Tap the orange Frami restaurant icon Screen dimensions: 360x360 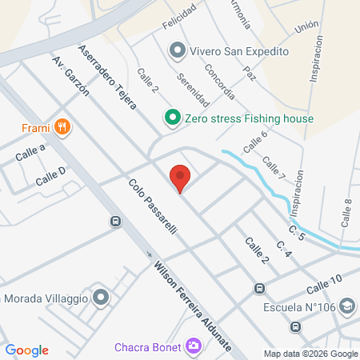62,126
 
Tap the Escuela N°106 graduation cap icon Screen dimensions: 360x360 346,306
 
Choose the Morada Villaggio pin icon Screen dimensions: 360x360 100,299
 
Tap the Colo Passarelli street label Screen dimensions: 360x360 152,206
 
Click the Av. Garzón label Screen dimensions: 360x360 70,77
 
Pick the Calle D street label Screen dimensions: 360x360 50,177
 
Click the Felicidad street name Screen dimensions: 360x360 178,26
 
